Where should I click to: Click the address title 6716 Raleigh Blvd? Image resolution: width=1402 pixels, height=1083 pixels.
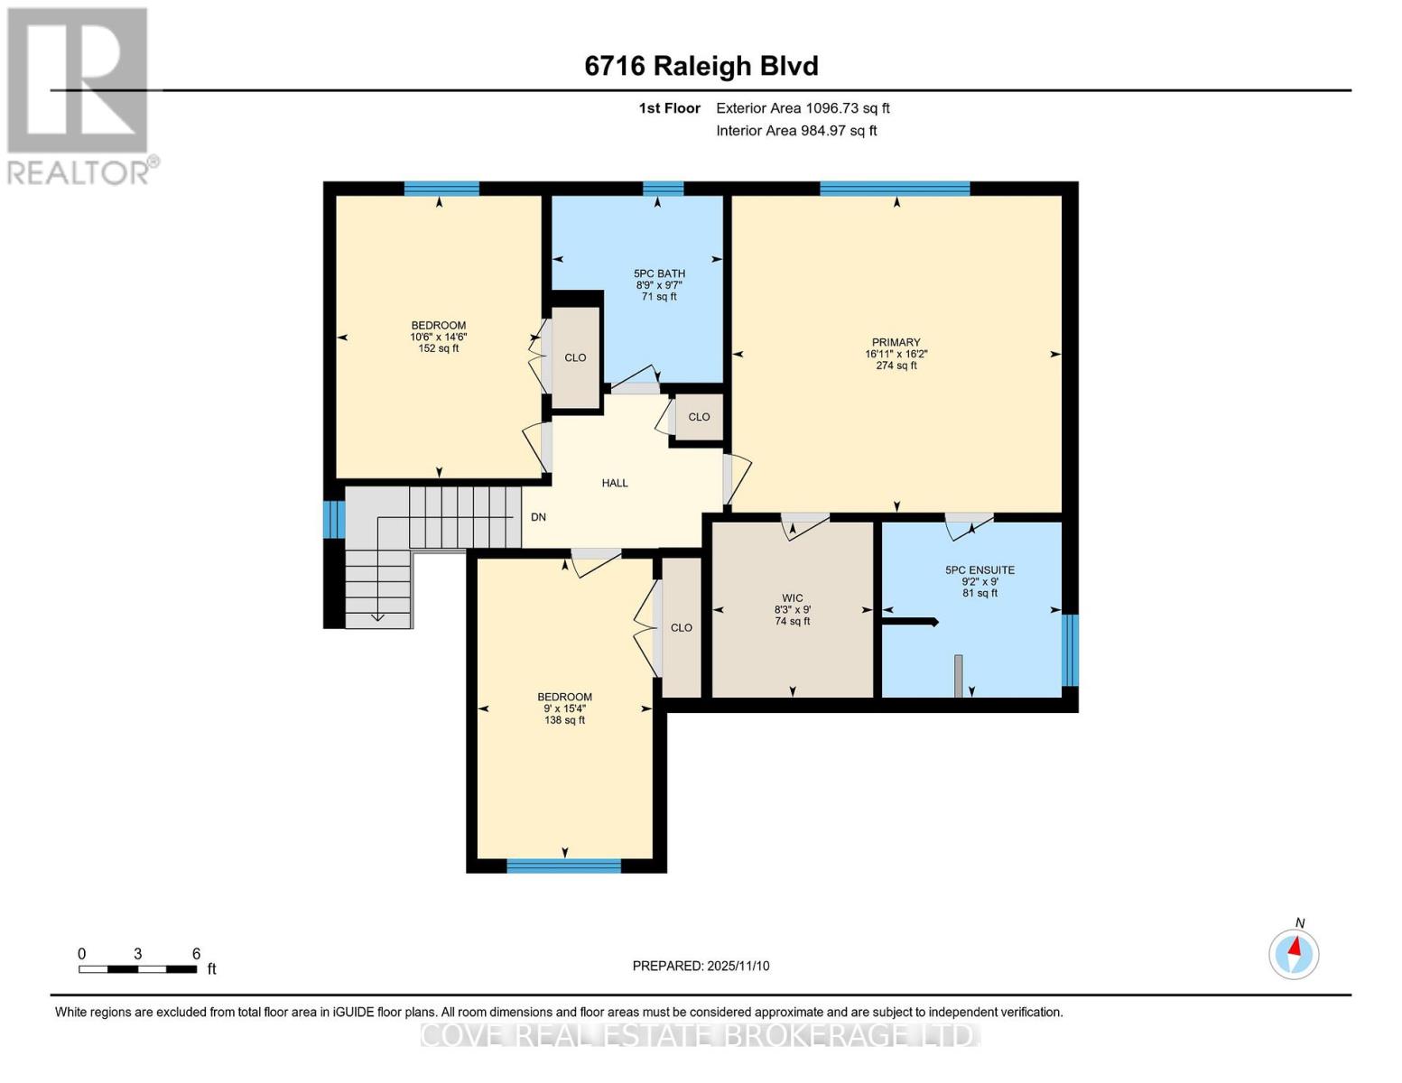coord(701,66)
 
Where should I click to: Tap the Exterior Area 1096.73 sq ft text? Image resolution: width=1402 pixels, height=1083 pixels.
coord(803,108)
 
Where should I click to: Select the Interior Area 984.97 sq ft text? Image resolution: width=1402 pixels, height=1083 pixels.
coord(796,131)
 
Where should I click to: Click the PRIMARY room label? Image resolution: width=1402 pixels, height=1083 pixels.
coord(896,343)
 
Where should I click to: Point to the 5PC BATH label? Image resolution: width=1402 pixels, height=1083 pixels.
coord(659,273)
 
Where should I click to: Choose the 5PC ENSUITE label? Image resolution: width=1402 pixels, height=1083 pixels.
coord(980,570)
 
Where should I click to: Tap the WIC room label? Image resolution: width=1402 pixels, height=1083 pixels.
coord(793,598)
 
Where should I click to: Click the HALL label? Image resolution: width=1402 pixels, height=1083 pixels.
coord(615,483)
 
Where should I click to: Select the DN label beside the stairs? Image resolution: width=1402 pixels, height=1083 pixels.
coord(538,517)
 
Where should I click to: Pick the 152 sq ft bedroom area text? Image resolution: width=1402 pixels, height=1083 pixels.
coord(439,348)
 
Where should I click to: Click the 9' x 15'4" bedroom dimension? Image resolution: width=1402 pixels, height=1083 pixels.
coord(565,708)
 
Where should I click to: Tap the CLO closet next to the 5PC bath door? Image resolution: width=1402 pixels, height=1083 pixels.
coord(699,417)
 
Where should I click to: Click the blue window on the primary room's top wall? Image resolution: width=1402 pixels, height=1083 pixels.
coord(895,189)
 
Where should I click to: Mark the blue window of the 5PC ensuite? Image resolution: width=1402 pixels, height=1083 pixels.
coord(1070,650)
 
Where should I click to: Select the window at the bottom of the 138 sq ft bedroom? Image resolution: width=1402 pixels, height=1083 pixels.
coord(564,866)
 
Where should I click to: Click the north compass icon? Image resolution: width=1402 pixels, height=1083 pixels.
coord(1294,953)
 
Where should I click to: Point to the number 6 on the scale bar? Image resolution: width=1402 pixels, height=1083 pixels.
coord(196,954)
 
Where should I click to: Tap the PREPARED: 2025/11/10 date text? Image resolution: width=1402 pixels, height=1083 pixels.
coord(701,966)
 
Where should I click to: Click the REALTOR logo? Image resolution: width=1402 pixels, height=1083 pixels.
coord(79,95)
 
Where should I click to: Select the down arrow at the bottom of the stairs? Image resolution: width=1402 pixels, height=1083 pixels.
coord(377,617)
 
